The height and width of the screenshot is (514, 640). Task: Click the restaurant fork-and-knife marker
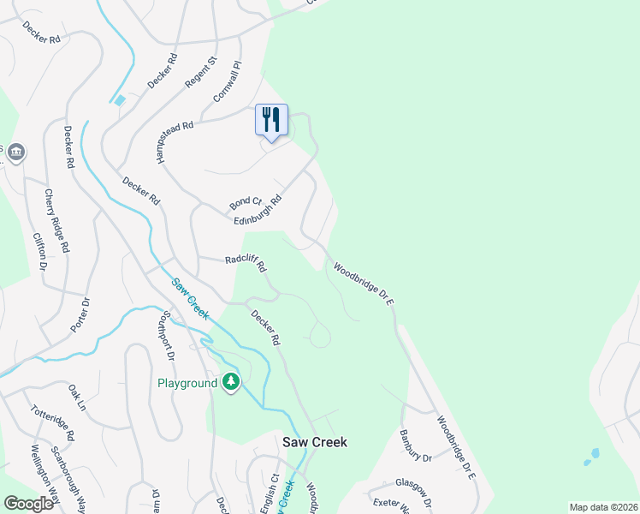point(271,119)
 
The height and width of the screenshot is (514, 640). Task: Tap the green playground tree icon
point(230,382)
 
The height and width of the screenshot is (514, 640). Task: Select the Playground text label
point(187,383)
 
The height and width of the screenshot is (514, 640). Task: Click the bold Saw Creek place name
point(315,442)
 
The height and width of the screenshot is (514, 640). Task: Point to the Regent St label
point(202,73)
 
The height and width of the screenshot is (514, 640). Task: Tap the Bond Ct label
point(245,203)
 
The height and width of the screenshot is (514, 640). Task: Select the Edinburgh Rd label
point(258,212)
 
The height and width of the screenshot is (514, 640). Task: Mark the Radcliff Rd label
point(246,260)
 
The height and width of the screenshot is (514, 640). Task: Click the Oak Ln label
point(77,397)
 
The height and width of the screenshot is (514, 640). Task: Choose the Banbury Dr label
point(416,445)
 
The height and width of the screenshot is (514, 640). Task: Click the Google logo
point(28,504)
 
